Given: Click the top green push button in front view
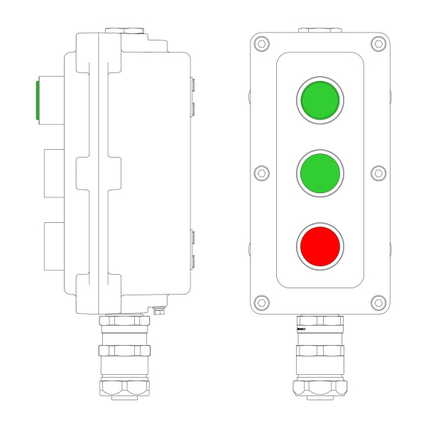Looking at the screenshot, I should click(x=320, y=100).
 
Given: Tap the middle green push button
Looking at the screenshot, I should click(x=320, y=173).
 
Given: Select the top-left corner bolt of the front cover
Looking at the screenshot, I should click(x=262, y=44).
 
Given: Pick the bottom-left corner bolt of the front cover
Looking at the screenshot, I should click(x=262, y=302).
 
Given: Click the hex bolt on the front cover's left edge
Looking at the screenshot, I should click(x=261, y=173).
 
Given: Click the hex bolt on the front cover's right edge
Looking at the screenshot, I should click(x=379, y=173).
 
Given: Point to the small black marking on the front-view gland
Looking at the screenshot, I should click(x=301, y=330).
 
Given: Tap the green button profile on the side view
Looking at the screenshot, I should click(x=37, y=100).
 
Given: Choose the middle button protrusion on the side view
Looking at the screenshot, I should click(x=54, y=173).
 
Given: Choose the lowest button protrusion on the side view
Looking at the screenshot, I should click(x=54, y=246).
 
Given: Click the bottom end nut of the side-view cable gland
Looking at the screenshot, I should click(x=125, y=387).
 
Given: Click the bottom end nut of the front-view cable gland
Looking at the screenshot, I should click(x=320, y=387).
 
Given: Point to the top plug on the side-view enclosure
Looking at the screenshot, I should click(x=125, y=31).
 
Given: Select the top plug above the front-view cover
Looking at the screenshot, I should click(x=320, y=31).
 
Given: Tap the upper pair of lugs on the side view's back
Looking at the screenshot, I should click(x=192, y=97).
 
